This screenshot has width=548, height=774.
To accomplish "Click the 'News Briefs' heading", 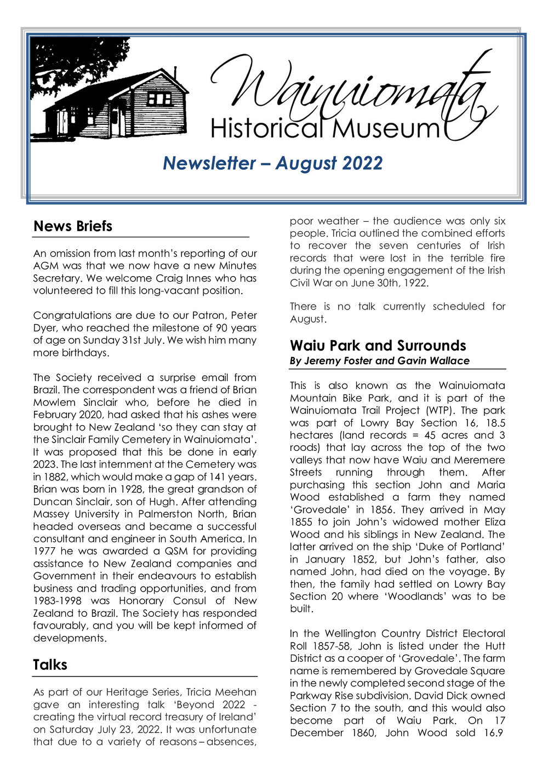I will coord(72,226).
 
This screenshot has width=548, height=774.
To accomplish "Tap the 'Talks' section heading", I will coord(50,665).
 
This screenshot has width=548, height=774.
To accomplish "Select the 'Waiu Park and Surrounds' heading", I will coord(378,346).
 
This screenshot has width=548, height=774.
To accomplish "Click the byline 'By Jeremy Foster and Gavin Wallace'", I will coord(379,361).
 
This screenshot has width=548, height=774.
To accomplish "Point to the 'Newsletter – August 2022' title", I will coord(272,163).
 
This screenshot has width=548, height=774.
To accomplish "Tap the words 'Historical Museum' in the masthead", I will coord(324,129).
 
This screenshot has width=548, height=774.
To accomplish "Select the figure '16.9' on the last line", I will coord(492,733).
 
